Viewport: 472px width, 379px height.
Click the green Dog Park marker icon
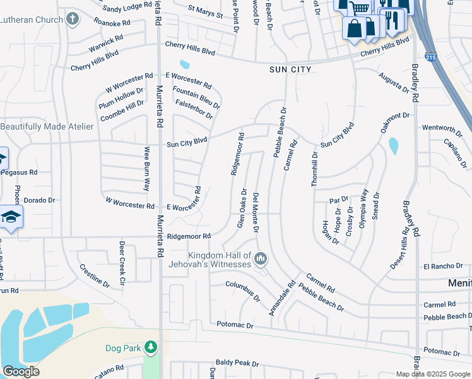pos(150,347)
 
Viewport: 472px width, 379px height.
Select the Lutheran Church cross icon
pos(73,19)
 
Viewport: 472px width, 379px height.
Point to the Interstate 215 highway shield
pos(429,56)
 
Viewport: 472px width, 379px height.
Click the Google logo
pos(21,371)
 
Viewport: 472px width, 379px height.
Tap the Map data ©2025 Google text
pos(432,374)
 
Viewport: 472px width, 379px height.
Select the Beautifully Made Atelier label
pos(47,126)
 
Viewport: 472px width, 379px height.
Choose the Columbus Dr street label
pos(243,291)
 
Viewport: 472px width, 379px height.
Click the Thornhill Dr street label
pos(315,168)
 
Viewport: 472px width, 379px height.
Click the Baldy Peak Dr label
pos(237,363)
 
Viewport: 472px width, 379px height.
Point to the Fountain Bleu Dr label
pos(196,97)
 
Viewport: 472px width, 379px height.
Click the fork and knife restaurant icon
pos(393,20)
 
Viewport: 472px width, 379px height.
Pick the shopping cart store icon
pos(360,8)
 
